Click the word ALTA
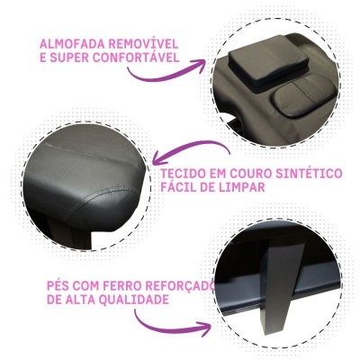point(88,301)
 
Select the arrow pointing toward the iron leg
point(171,326)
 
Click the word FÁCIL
point(179,188)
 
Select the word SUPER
point(72,58)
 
